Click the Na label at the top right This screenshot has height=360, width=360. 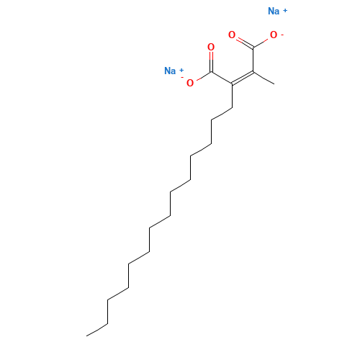274,11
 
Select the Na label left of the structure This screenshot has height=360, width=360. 170,71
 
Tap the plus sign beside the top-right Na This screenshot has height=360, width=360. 286,9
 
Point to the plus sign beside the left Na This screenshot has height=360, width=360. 181,68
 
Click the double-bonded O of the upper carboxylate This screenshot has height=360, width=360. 231,35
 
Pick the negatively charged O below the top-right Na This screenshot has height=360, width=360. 273,35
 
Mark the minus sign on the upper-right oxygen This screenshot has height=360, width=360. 282,33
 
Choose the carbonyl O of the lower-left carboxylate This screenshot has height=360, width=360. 211,47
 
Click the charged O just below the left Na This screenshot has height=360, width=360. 190,83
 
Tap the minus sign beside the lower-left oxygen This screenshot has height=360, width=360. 182,78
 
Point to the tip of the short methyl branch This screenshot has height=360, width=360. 274,84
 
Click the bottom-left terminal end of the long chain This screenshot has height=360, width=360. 88,335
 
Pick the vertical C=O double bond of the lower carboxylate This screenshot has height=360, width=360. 211,61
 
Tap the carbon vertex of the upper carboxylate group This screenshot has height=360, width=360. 253,47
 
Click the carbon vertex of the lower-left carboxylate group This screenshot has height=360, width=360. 211,71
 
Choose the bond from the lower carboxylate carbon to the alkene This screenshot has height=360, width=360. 221,77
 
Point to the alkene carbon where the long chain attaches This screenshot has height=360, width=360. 232,84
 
